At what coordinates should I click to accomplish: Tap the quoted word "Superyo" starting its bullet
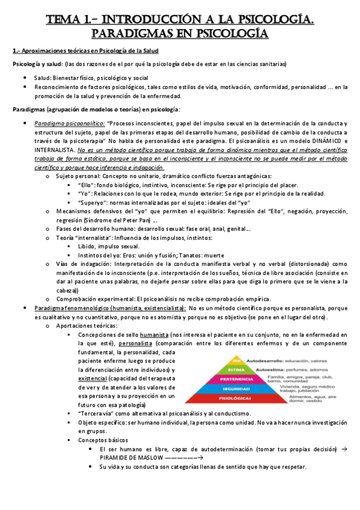(91, 202)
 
